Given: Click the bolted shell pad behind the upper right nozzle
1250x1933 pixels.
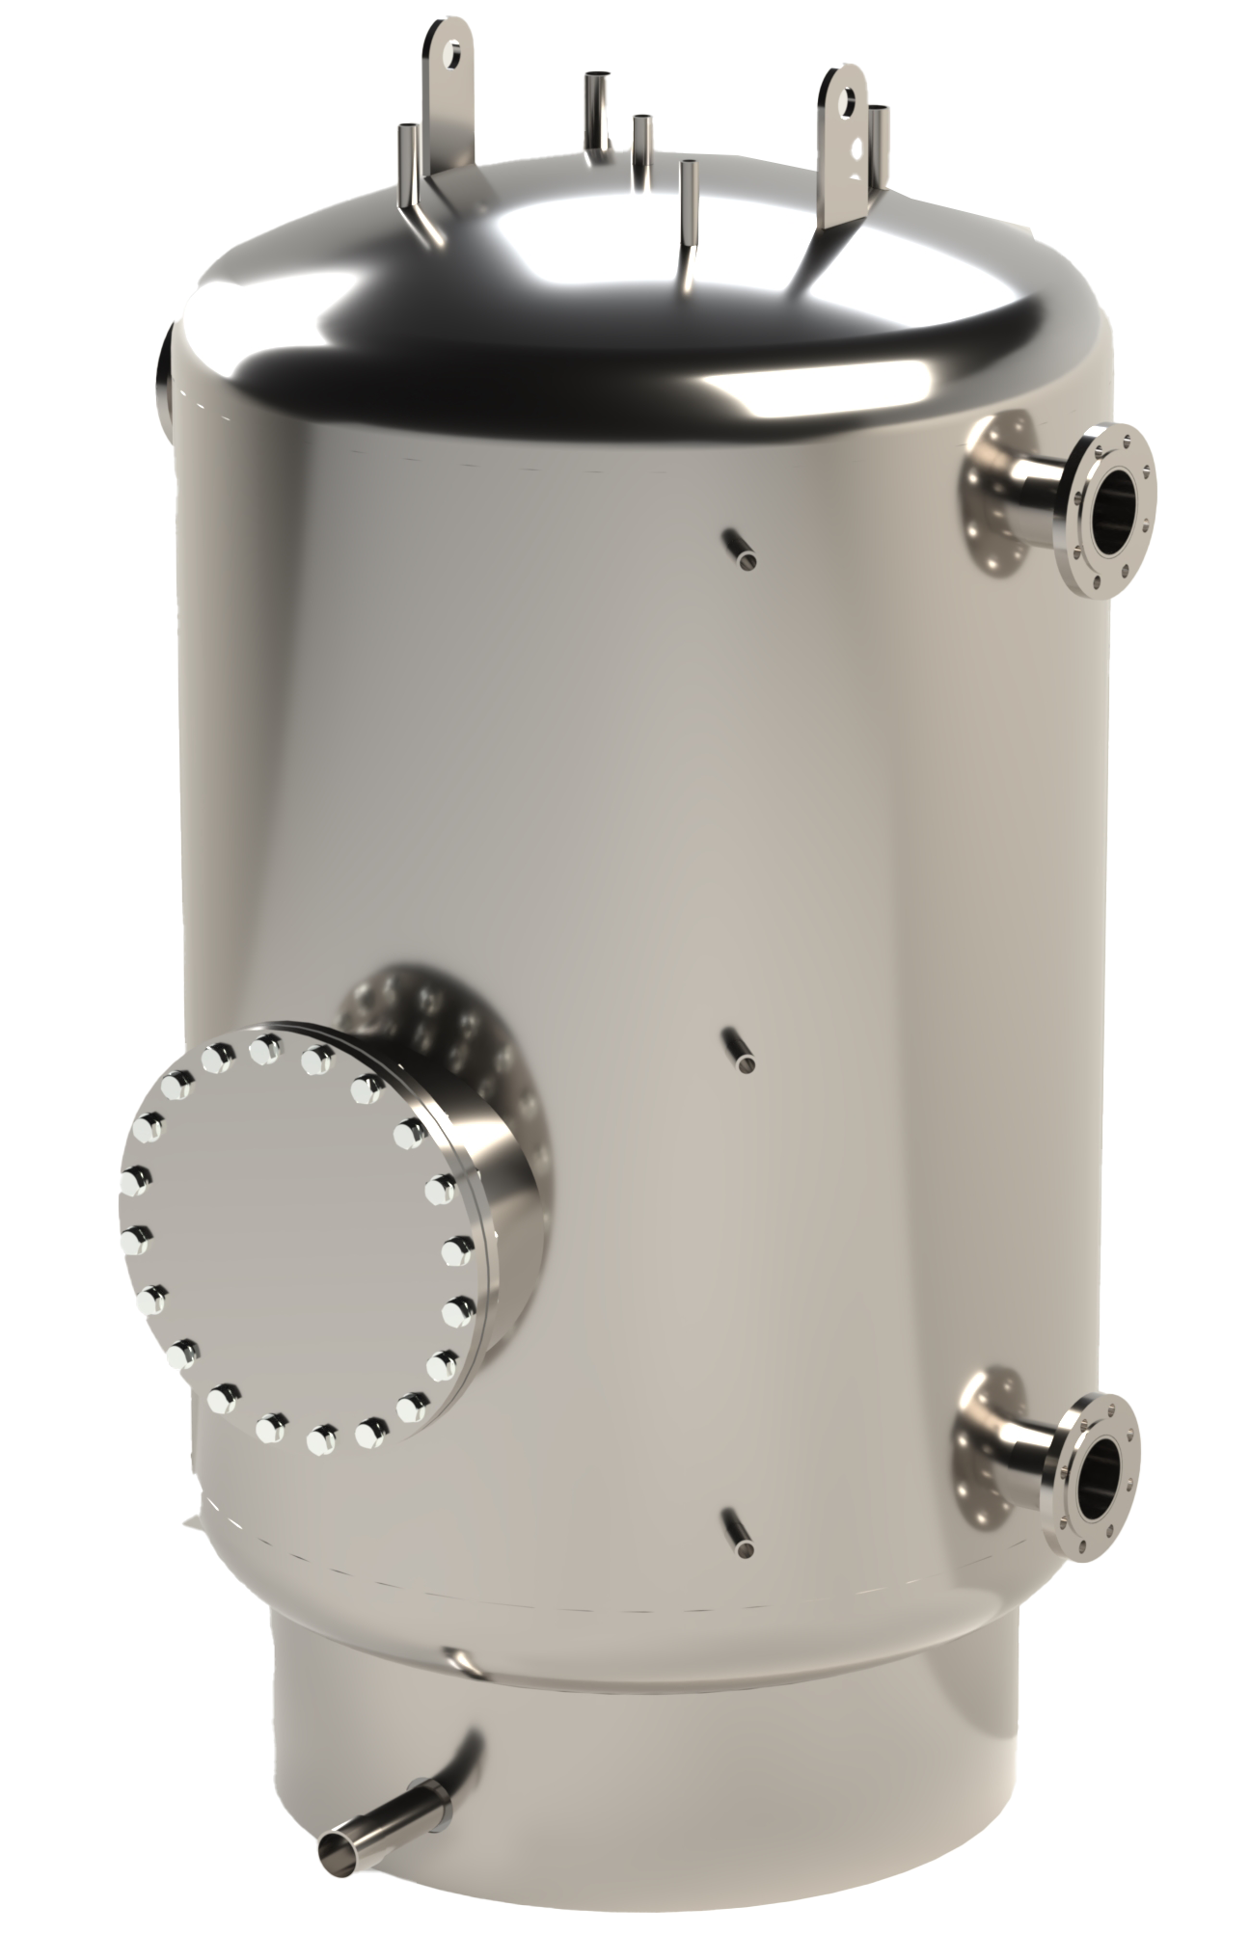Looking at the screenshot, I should (993, 492).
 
